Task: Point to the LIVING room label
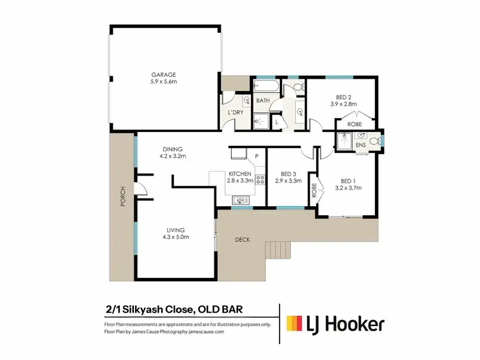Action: point(175,229)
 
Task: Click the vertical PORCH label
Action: point(122,201)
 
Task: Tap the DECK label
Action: point(241,240)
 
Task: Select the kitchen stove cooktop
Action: point(260,180)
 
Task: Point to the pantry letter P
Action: point(256,156)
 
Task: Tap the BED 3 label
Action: point(288,174)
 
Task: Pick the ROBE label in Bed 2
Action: point(354,124)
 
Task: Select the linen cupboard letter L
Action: point(276,120)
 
